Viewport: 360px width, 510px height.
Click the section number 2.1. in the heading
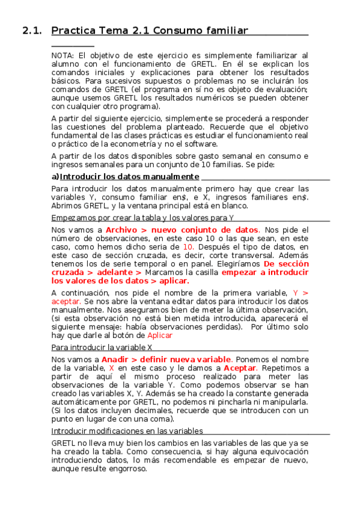[31, 31]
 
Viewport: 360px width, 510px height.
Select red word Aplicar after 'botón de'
[160, 335]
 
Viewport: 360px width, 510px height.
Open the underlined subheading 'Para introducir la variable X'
[102, 348]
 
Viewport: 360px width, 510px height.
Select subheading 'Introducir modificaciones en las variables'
[127, 431]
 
